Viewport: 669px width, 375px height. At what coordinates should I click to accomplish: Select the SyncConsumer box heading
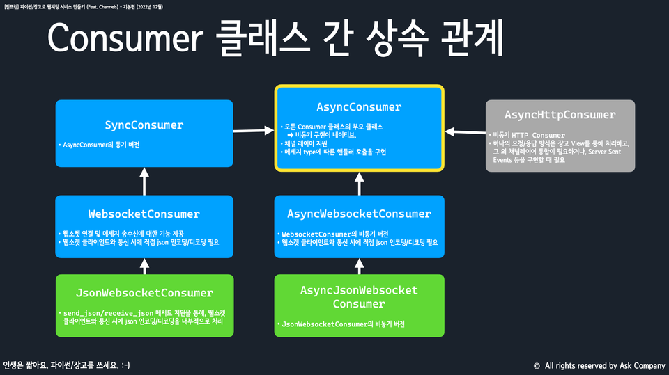(144, 125)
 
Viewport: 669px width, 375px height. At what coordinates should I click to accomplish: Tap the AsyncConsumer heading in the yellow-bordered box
(359, 107)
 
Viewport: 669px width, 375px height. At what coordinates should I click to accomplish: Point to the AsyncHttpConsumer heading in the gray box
(560, 114)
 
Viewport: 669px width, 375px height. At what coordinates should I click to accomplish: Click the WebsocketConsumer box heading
(144, 214)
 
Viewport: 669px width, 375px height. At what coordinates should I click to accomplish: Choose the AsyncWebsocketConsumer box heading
(359, 214)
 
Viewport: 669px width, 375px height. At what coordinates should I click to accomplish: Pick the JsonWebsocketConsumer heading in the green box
(144, 293)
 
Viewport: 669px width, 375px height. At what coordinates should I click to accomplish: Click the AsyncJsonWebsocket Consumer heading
(359, 296)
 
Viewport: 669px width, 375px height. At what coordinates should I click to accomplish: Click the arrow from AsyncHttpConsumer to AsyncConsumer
(464, 130)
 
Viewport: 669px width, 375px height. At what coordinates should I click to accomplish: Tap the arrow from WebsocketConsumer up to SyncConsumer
(144, 181)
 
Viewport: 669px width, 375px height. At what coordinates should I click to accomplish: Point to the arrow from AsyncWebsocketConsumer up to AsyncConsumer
(359, 183)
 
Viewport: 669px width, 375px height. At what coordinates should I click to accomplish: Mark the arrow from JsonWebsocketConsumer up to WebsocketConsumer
(144, 266)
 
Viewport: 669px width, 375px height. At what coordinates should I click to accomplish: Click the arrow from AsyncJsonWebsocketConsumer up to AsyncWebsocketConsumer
(359, 266)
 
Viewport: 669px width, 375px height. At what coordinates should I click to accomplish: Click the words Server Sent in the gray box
(609, 150)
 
